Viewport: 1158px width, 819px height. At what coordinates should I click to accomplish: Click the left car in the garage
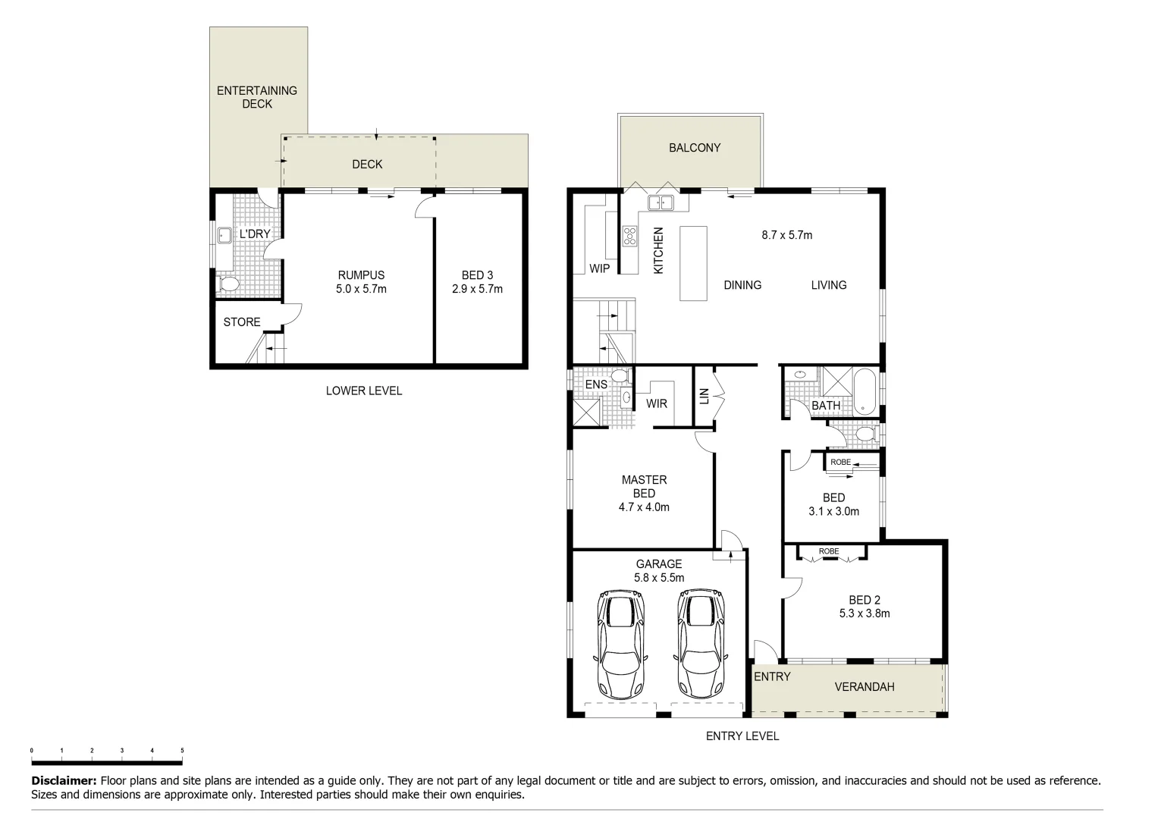[621, 645]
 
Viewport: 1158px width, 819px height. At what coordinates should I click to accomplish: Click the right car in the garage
[701, 645]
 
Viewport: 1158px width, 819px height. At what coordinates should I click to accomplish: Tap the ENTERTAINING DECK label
[257, 97]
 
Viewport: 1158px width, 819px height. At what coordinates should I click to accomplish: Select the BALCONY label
[694, 148]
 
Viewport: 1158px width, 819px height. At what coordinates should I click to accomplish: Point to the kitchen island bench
[692, 263]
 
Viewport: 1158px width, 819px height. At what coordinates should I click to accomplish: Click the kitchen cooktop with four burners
[629, 236]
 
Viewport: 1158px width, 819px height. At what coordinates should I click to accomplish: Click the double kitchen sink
[661, 202]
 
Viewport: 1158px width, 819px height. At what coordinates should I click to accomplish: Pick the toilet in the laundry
[228, 284]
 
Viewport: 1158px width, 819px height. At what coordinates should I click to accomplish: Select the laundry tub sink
[224, 235]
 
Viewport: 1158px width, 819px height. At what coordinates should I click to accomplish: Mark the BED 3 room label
[477, 275]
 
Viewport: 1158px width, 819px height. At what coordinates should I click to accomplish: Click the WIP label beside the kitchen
[599, 268]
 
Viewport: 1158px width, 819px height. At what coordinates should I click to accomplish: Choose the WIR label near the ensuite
[657, 403]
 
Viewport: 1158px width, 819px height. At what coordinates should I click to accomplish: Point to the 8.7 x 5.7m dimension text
[786, 235]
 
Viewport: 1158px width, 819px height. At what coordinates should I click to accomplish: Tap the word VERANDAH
[864, 687]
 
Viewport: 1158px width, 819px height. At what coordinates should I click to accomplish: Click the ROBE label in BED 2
[828, 551]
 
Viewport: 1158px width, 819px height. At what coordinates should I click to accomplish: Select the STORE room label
[242, 322]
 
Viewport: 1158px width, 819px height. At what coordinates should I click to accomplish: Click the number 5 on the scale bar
[182, 751]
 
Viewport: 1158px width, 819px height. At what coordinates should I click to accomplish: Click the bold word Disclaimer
[64, 780]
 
